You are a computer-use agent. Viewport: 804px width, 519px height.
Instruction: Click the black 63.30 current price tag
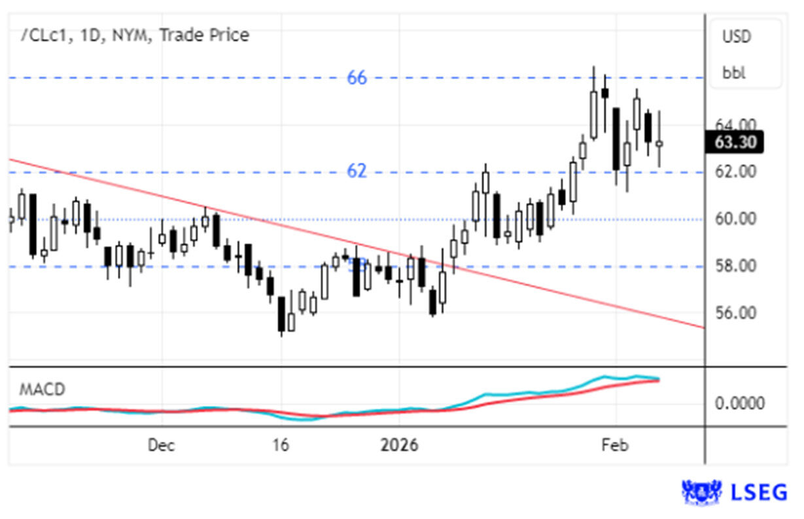coord(734,141)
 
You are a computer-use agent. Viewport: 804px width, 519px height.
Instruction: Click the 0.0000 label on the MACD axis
coord(739,403)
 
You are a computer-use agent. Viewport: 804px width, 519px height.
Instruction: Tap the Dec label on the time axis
coord(161,446)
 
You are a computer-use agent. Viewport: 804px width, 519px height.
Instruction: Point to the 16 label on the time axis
coord(280,446)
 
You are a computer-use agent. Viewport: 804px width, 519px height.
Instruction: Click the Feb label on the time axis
coord(614,446)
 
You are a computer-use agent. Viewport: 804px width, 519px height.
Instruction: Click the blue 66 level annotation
coord(357,78)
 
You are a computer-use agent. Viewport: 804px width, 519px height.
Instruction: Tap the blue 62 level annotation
coord(357,171)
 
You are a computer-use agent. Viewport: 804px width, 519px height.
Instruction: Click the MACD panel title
coord(42,390)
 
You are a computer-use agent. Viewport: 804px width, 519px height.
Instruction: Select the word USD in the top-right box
coord(737,37)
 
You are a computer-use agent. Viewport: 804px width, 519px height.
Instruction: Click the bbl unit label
coord(734,72)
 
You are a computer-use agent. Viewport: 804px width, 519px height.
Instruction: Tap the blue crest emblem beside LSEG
coord(701,492)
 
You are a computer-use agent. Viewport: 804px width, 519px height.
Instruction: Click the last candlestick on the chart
coord(659,143)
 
